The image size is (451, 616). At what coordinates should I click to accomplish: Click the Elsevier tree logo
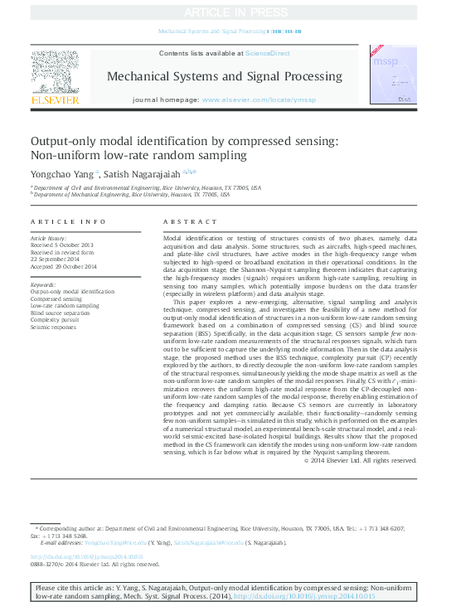coord(55,72)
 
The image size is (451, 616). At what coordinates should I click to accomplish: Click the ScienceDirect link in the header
coord(268,53)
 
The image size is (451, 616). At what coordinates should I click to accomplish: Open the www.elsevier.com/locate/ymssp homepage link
coord(259,99)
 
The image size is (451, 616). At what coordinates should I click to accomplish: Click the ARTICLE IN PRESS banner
coord(225,12)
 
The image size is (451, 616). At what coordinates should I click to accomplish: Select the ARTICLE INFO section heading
coord(68,222)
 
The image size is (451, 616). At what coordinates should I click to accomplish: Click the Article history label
coord(48,238)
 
